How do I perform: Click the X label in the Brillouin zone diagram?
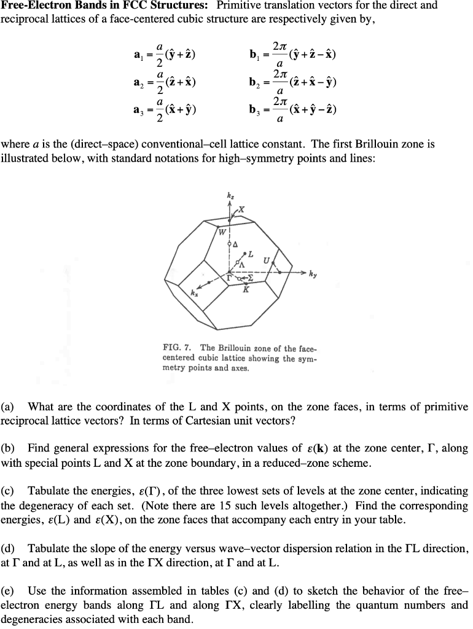(x=241, y=209)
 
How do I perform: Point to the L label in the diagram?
(x=250, y=253)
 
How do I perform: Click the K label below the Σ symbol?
(x=246, y=289)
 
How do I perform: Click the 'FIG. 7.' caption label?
(x=177, y=348)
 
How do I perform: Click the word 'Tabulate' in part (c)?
(x=49, y=491)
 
